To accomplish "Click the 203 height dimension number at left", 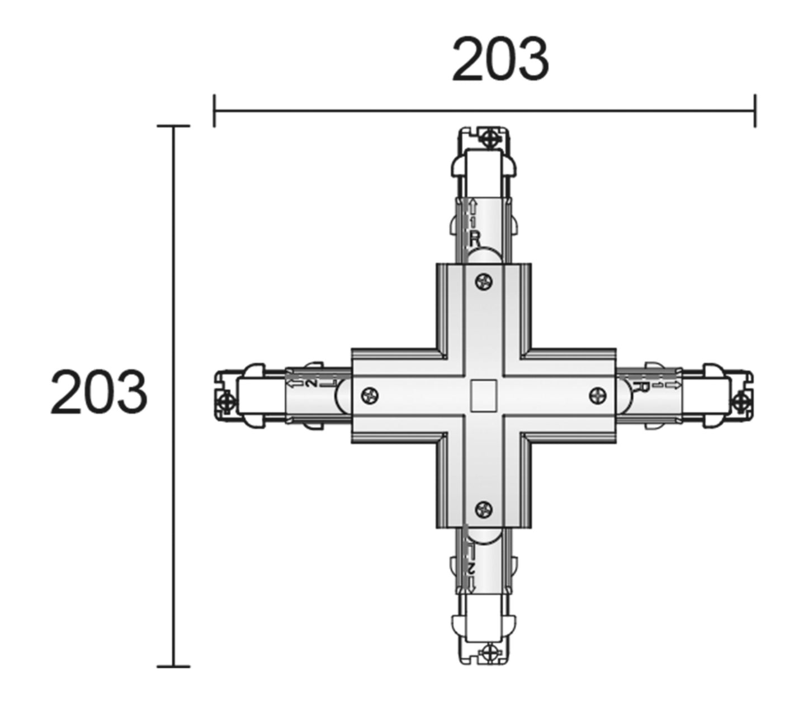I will pos(99,392).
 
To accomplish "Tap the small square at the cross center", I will pos(484,395).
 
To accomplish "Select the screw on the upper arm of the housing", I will pos(484,282).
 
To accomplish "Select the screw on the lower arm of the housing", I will pos(484,508).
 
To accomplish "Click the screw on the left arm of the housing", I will pos(370,395).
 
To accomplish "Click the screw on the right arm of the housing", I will pos(598,395).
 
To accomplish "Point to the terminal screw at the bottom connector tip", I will pos(490,651).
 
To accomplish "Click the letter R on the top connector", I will pos(475,240).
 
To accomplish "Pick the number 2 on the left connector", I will pos(311,384).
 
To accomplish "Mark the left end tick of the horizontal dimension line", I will pos(214,111).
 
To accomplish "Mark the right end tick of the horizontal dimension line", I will pos(755,111).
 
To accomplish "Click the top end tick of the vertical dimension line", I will pos(173,126).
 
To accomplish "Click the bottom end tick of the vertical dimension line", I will pos(173,666).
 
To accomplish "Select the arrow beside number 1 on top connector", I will pos(473,207).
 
